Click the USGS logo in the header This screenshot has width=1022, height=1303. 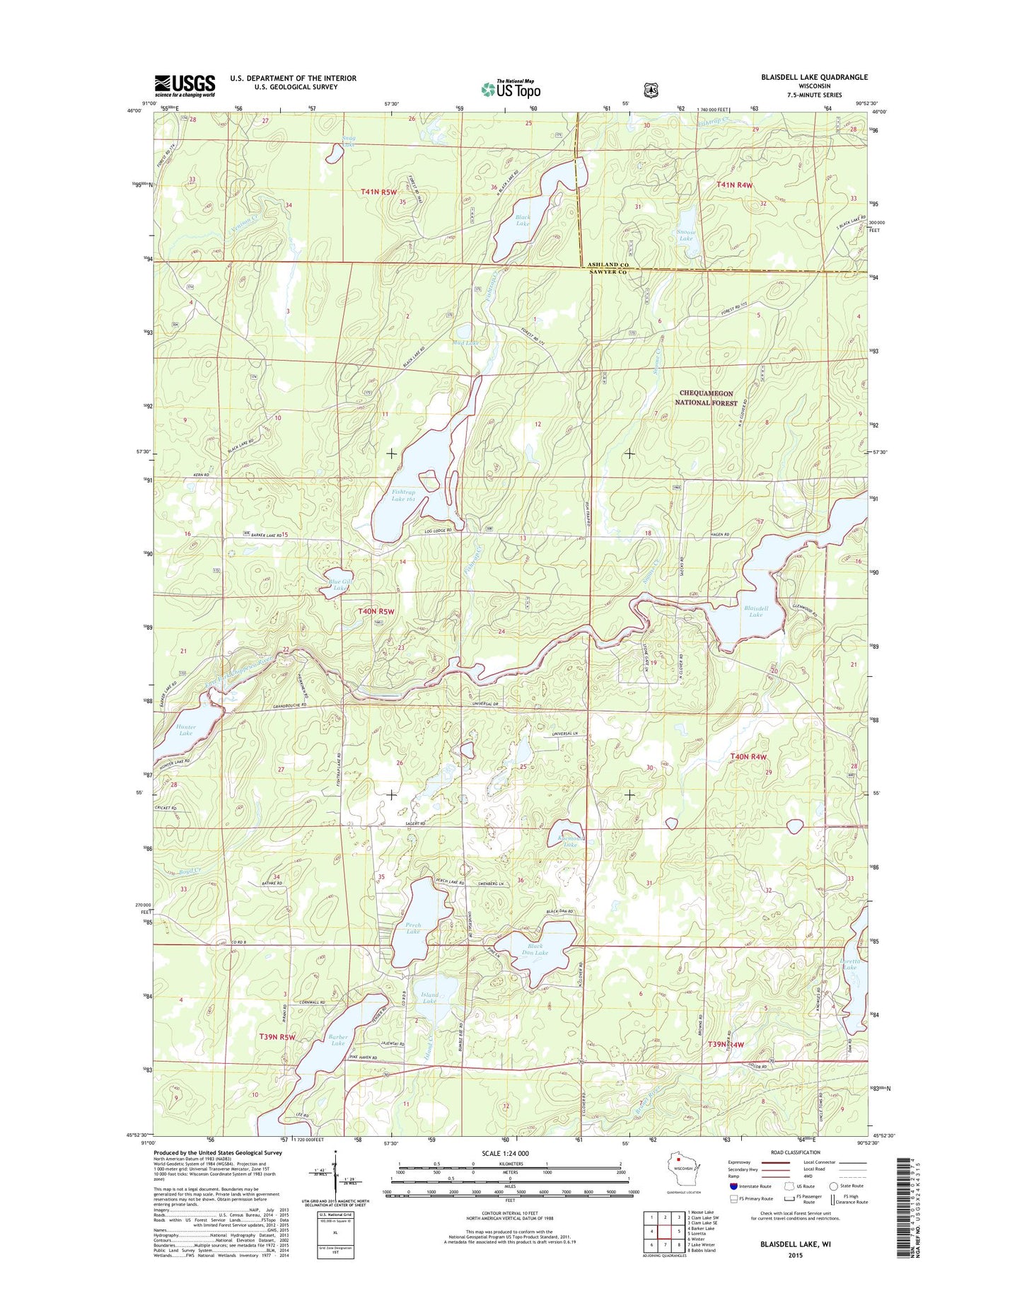pos(185,86)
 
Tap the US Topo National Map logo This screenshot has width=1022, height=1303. pos(511,88)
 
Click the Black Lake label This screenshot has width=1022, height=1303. pos(523,220)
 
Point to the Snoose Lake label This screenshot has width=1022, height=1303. pos(685,235)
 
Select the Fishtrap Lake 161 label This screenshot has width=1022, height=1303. pos(404,495)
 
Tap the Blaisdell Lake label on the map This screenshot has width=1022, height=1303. pos(755,611)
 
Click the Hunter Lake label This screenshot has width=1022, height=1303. pos(186,730)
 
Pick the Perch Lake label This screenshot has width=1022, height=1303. pos(413,928)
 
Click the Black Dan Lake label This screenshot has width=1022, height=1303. pos(535,949)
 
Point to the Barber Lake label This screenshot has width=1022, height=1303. pos(338,1040)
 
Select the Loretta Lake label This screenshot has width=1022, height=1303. pos(849,964)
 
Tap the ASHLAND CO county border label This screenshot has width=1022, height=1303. pos(608,265)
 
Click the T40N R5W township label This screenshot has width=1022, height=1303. pos(376,610)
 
